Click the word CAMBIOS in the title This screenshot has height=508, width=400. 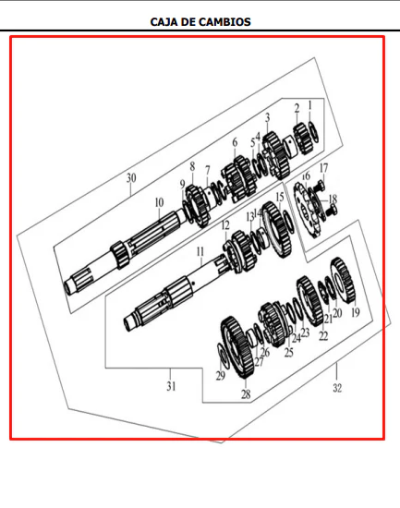[224, 22]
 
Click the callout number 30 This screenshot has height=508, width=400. [131, 178]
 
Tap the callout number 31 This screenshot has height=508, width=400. [171, 386]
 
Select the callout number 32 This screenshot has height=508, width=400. [337, 388]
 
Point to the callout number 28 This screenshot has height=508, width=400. [246, 394]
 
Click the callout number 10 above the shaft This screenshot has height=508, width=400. [159, 203]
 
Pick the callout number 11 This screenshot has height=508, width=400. [200, 252]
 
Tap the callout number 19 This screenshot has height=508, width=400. [356, 312]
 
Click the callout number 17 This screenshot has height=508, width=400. [323, 168]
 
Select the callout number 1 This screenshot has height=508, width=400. [309, 105]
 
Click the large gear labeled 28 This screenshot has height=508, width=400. [236, 348]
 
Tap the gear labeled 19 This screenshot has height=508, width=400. [343, 280]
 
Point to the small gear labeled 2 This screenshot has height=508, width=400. [303, 139]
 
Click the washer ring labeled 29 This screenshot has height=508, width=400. [224, 356]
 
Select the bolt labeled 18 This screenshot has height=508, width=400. [332, 211]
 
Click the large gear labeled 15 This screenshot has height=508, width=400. [276, 229]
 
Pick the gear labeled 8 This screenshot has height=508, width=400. [198, 205]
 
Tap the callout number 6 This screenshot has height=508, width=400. [235, 142]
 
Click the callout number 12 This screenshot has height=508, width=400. [225, 225]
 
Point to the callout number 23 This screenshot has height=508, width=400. [305, 333]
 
